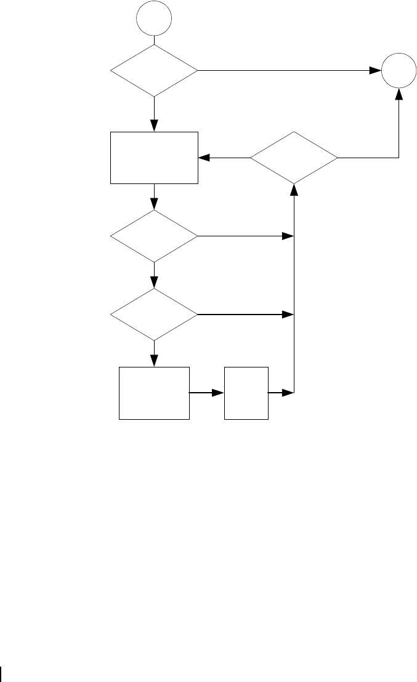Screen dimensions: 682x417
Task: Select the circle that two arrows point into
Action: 397,71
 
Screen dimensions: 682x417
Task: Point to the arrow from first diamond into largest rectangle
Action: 154,114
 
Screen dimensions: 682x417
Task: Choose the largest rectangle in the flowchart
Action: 154,158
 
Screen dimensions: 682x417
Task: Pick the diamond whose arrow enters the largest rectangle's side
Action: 294,158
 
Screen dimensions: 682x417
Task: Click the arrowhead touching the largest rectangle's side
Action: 203,158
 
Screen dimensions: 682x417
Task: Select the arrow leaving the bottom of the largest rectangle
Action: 154,197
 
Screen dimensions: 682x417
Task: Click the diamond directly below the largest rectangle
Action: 154,236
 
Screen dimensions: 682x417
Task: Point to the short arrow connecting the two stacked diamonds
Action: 154,276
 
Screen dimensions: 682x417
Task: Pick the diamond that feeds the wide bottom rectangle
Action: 154,315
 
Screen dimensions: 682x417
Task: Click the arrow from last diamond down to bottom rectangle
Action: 154,354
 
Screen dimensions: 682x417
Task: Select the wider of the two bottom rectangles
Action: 154,393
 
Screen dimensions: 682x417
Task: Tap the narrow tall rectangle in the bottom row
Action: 246,393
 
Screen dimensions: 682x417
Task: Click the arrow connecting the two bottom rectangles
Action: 207,392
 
